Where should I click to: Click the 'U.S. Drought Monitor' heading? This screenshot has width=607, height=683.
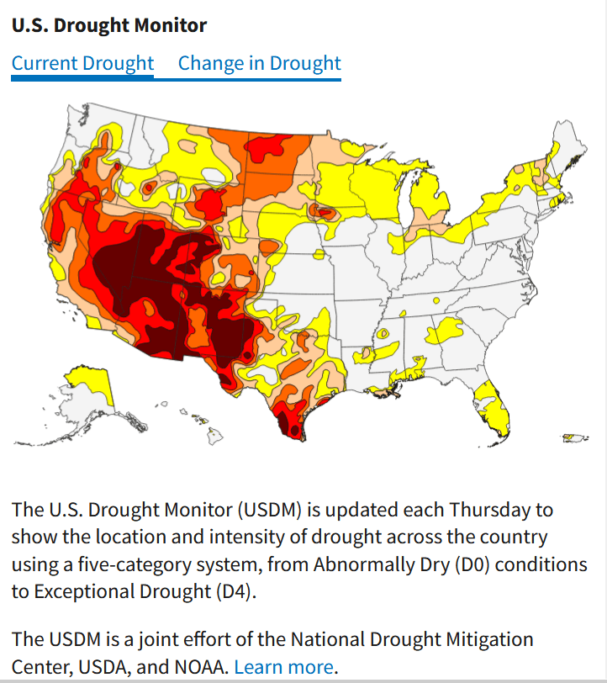point(109,25)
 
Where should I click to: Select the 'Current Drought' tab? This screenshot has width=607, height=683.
point(82,64)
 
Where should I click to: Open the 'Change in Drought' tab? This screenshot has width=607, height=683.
point(259,64)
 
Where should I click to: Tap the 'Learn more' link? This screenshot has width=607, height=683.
point(283,667)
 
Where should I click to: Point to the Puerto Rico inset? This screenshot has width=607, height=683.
point(573,437)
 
